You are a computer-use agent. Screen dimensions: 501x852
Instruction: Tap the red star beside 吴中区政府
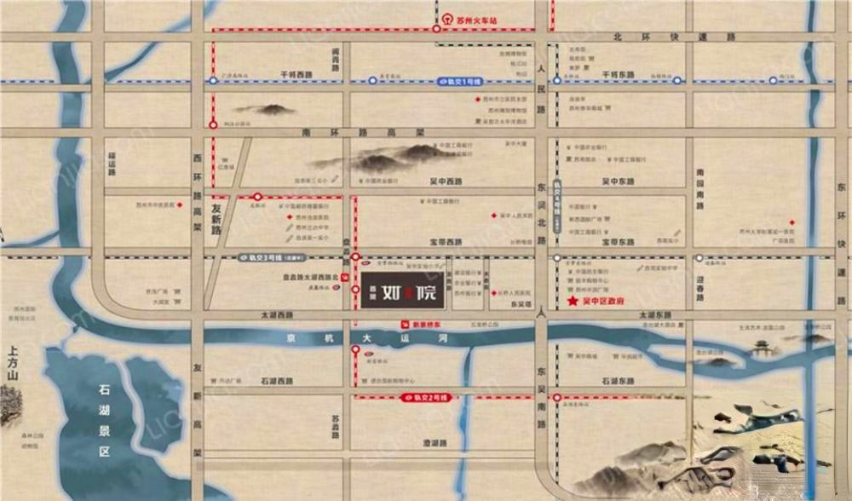[573, 302]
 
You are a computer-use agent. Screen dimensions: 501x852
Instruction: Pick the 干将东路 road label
[620, 75]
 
